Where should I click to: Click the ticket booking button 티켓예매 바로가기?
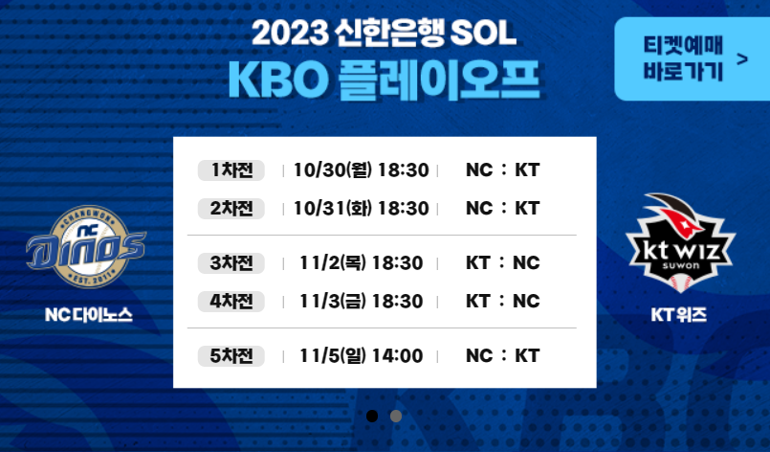691,58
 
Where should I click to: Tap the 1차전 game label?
231,170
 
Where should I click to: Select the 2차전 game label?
231,208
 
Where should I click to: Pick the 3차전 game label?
231,262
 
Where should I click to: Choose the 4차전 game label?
231,301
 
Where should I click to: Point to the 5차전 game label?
231,356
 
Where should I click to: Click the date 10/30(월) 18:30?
361,170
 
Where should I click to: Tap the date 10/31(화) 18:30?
361,208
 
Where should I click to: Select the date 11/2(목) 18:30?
361,262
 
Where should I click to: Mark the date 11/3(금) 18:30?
361,301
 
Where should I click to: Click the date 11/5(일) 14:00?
361,356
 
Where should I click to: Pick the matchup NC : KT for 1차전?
502,170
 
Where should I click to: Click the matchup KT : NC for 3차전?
502,262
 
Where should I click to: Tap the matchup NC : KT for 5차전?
502,356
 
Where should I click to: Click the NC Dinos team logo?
87,249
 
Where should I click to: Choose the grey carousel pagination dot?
396,416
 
